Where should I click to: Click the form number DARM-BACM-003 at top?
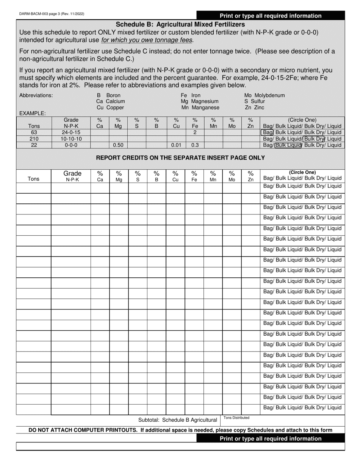point(52,14)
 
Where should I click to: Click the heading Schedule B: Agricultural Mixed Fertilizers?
point(180,24)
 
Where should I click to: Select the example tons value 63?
point(34,133)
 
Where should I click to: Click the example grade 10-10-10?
point(71,139)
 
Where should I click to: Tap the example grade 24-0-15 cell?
point(71,133)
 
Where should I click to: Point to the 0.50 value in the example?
point(118,145)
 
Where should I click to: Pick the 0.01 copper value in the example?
point(176,145)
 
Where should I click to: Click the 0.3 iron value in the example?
point(195,145)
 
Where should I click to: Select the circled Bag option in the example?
point(268,133)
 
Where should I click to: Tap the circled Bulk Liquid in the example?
point(288,145)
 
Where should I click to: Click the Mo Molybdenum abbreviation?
point(264,95)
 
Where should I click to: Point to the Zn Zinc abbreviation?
point(254,108)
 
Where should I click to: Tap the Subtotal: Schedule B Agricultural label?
point(177,420)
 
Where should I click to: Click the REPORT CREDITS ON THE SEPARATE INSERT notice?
point(180,158)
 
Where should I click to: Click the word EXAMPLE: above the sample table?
point(33,113)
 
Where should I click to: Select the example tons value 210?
point(34,139)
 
